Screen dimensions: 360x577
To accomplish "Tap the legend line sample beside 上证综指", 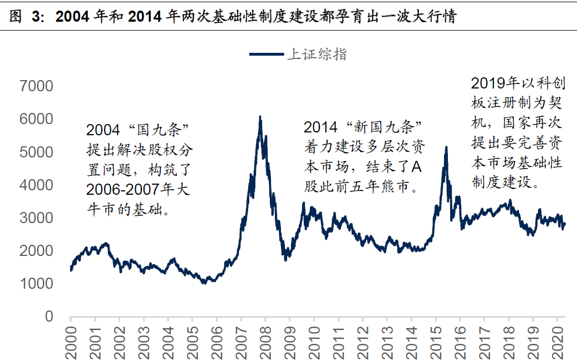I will [267, 54].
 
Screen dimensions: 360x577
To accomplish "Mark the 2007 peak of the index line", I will [260, 117].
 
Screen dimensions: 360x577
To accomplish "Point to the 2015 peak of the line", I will [446, 147].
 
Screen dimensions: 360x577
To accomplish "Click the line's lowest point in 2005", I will [204, 283].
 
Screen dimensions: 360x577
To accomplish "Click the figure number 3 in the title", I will [37, 17].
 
